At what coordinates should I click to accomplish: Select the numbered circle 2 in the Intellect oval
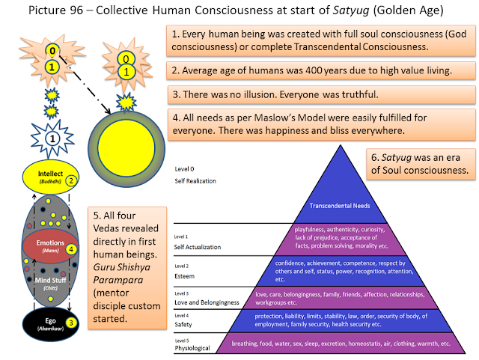70,180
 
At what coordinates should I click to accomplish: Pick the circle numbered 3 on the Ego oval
70,322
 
